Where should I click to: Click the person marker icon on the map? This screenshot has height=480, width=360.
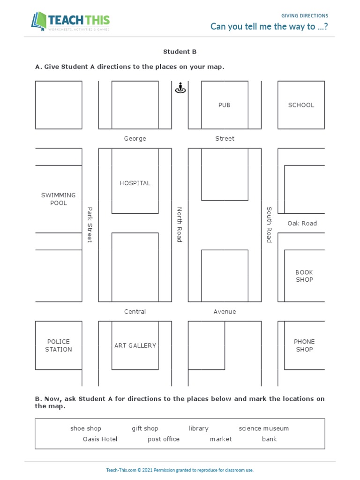[x=180, y=88]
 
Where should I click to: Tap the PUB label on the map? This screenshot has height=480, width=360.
[x=225, y=105]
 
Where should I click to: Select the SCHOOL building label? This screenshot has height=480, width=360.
[x=301, y=105]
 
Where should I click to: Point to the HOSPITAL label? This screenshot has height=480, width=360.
[x=135, y=183]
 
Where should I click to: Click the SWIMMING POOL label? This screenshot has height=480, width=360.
[x=59, y=199]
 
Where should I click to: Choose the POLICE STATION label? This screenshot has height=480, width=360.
[x=59, y=345]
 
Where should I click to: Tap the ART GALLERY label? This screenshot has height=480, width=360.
[x=135, y=345]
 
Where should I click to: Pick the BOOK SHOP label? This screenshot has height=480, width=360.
[x=304, y=276]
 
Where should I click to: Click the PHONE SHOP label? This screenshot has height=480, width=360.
[x=304, y=345]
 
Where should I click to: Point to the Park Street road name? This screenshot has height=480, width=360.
[x=90, y=225]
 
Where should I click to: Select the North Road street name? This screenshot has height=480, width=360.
[x=179, y=225]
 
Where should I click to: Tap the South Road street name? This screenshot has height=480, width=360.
[x=269, y=225]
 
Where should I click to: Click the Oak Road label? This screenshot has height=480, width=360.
[x=302, y=223]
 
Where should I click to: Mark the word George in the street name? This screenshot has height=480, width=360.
[x=135, y=138]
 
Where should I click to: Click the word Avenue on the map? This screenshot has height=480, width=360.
[x=225, y=311]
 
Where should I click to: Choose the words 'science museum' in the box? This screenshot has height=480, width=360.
[x=264, y=428]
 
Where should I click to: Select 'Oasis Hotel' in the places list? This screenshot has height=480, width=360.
[x=100, y=439]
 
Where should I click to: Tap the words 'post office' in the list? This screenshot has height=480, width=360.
[x=164, y=439]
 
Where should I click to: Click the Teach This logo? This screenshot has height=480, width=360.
[x=70, y=22]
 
